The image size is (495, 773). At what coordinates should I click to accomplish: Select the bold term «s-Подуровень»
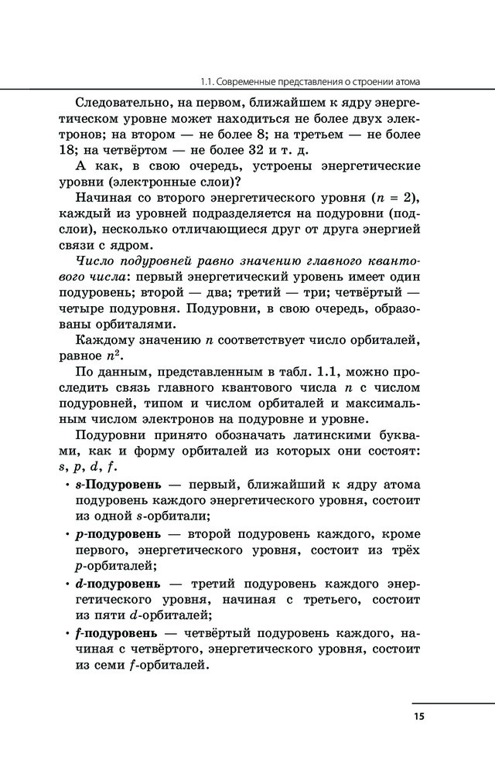pos(118,485)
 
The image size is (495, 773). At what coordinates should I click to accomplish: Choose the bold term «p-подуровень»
pos(118,534)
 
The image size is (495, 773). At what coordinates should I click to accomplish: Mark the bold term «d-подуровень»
pos(118,582)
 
